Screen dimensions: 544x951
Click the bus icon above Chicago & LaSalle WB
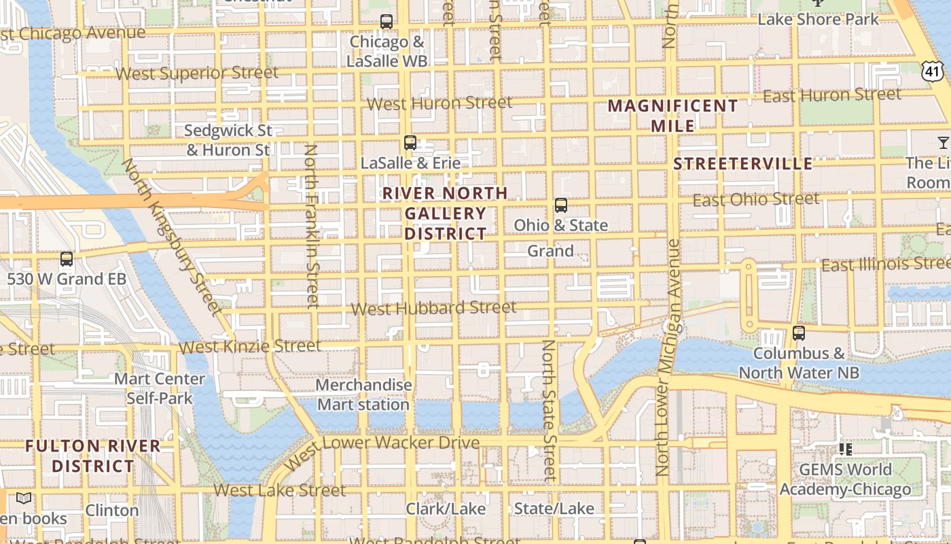[387, 22]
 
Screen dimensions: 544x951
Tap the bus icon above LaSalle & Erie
[410, 143]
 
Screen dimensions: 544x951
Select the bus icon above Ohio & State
[561, 205]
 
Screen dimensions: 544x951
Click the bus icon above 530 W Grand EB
[67, 259]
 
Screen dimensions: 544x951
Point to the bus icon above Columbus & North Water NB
[799, 333]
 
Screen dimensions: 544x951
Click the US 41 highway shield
[933, 70]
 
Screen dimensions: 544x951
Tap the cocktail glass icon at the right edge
[943, 142]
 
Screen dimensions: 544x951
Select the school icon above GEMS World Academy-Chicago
[846, 449]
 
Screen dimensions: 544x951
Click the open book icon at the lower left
[24, 498]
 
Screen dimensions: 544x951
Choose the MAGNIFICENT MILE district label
[672, 116]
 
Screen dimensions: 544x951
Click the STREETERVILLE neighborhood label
[742, 164]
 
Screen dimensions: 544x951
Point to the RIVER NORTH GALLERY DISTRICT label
[445, 214]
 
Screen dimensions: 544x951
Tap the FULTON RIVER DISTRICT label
[93, 456]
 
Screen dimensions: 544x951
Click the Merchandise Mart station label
[364, 394]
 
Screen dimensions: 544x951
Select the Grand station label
[550, 251]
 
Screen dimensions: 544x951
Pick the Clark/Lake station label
[446, 509]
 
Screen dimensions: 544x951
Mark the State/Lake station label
[554, 509]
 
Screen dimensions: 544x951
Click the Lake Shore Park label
[818, 19]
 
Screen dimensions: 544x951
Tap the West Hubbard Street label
[433, 308]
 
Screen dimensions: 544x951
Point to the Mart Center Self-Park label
[160, 388]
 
